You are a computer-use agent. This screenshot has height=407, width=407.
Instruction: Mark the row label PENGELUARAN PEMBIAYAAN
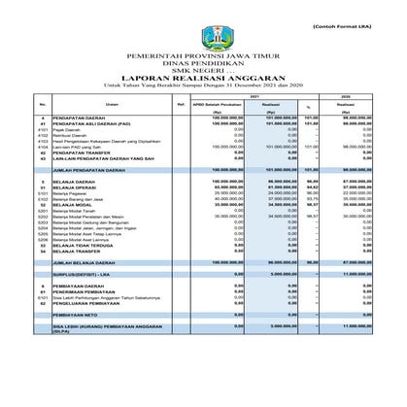86,303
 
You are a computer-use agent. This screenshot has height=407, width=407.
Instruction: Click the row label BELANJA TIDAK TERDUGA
80,246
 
